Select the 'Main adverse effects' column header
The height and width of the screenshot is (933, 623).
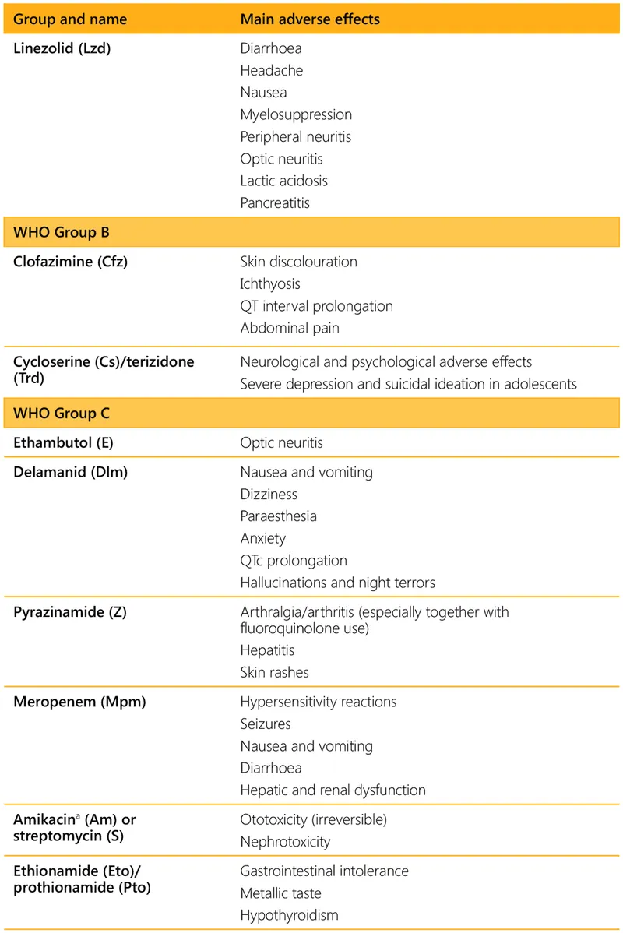point(310,18)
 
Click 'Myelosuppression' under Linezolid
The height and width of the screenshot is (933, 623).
point(296,114)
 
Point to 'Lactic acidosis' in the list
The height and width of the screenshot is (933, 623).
point(283,181)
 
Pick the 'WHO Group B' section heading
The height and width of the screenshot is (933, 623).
point(62,233)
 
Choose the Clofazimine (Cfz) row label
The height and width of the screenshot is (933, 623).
point(70,262)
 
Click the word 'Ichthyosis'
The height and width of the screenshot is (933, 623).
point(270,284)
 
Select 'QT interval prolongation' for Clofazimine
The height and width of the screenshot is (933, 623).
point(316,306)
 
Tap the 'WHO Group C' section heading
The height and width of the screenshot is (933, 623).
point(62,414)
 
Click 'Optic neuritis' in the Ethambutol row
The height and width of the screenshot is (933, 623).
point(281,442)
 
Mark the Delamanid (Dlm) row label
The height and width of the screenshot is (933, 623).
point(70,472)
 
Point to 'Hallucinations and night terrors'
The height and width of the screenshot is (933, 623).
point(337,583)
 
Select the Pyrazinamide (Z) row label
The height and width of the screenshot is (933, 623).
point(70,612)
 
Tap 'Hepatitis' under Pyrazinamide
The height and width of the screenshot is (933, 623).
point(267,650)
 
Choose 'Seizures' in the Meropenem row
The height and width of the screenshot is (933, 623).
point(266,724)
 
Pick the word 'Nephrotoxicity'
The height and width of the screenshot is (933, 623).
point(285,842)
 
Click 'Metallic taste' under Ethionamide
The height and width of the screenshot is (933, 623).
point(280,893)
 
